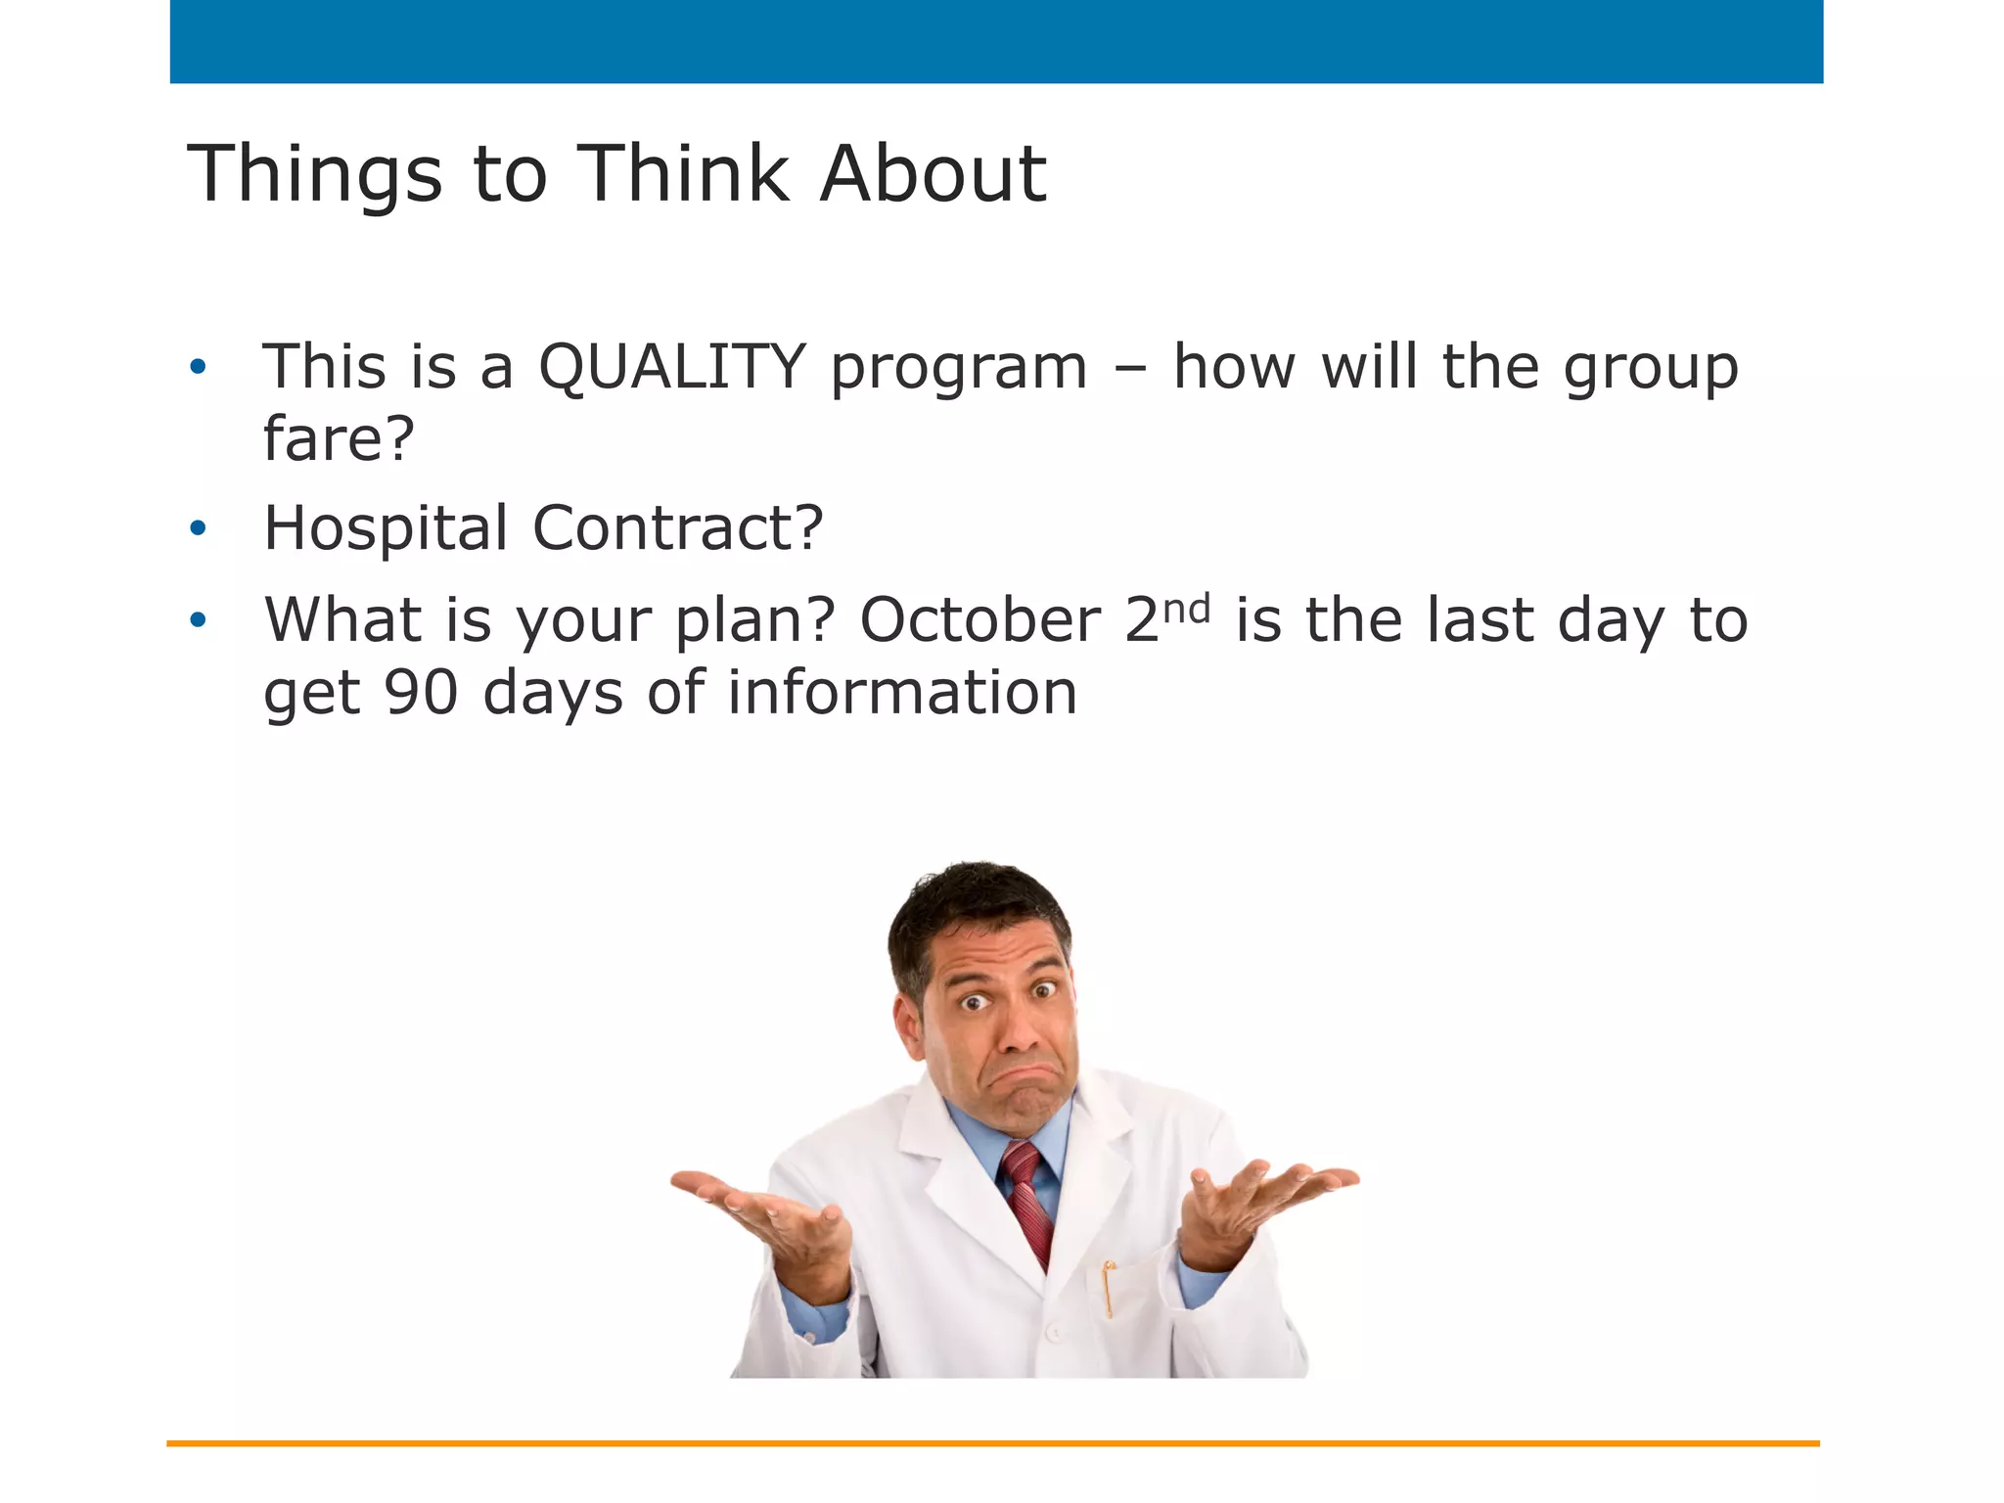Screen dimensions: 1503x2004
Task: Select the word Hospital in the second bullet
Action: point(386,528)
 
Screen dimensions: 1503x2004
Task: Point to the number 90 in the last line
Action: point(421,693)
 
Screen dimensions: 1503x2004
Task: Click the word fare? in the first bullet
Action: point(339,438)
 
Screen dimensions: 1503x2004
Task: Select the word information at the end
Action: point(901,693)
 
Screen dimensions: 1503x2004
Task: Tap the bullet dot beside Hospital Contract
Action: point(199,529)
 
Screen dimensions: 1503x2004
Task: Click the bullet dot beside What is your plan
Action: point(199,620)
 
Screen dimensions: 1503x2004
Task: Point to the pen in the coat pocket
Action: point(1108,1287)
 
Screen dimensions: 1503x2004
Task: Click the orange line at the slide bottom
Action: point(992,1443)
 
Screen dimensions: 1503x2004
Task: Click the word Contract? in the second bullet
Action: point(677,528)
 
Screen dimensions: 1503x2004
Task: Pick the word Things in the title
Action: point(314,176)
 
